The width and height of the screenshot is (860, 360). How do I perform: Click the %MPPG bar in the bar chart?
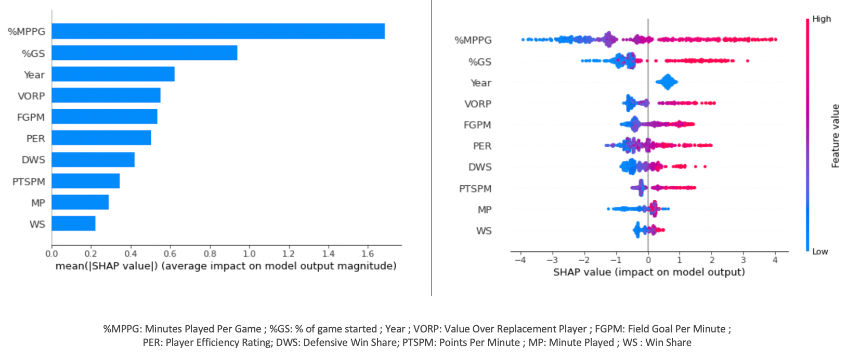(218, 31)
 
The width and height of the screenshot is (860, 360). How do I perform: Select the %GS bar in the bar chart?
(145, 53)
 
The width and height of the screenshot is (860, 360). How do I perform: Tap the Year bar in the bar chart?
(113, 74)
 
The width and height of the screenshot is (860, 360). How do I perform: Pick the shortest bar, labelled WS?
(73, 224)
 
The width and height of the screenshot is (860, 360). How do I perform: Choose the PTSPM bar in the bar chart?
(86, 181)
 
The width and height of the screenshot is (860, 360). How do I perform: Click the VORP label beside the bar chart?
(31, 96)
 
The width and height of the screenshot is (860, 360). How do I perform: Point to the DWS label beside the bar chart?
(33, 160)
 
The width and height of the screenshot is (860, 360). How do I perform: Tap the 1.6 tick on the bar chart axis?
(367, 254)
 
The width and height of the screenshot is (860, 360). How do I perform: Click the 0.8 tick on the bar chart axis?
(210, 254)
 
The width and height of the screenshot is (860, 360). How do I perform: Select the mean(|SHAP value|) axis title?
(226, 266)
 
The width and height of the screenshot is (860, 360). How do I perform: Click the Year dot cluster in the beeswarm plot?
(667, 82)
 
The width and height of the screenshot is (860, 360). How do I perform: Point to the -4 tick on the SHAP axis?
(520, 260)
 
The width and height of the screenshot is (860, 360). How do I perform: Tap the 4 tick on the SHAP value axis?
(775, 260)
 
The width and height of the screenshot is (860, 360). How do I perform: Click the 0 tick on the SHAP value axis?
(648, 260)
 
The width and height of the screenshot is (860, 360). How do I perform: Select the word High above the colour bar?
(822, 19)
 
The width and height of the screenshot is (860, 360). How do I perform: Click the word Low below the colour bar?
(820, 252)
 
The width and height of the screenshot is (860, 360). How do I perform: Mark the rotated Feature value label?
(835, 136)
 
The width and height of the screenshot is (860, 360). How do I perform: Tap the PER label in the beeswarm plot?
(482, 146)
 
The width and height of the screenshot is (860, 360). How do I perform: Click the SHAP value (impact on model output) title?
(649, 272)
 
